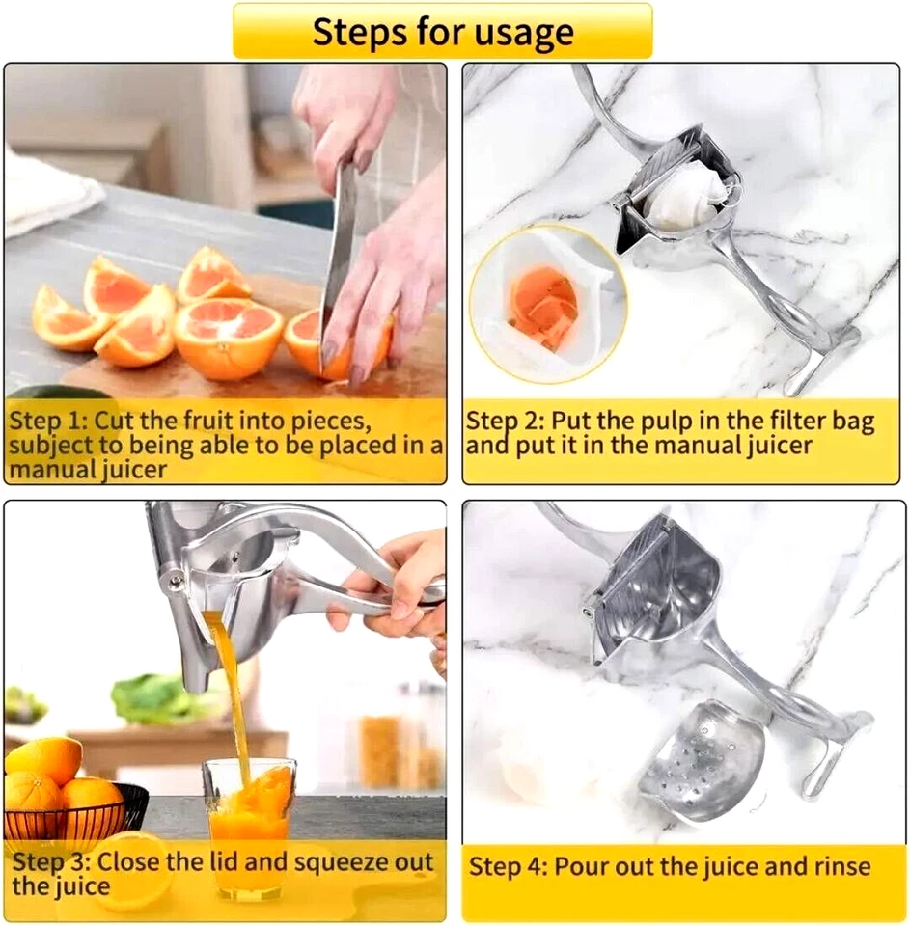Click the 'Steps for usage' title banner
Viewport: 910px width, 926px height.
[442, 31]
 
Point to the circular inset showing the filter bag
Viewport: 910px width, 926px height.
[547, 303]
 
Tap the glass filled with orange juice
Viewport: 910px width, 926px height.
[249, 820]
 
